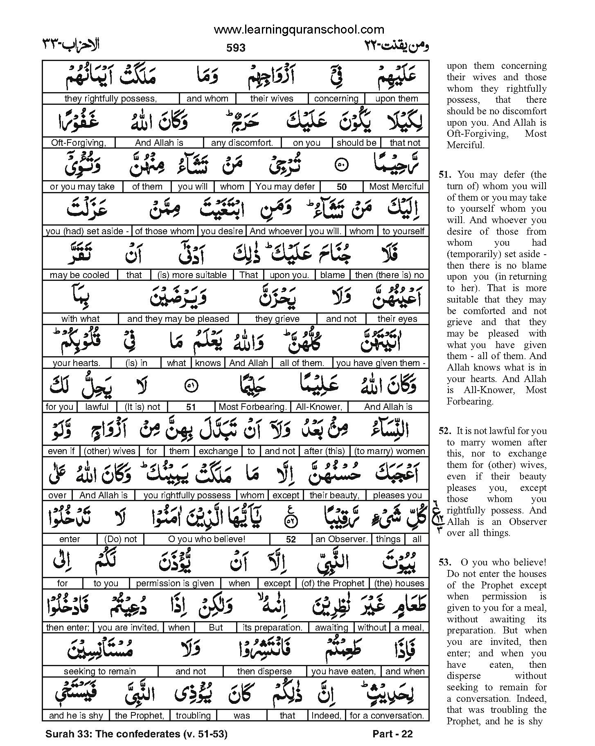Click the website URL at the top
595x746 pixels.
click(299, 29)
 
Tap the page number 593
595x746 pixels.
click(236, 48)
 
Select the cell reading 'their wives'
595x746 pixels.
click(272, 99)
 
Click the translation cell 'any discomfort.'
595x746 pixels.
click(241, 143)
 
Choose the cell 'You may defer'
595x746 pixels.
click(285, 187)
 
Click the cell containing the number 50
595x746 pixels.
click(342, 187)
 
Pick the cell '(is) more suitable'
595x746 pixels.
click(192, 275)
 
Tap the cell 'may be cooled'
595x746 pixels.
click(79, 275)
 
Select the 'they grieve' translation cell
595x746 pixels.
click(277, 319)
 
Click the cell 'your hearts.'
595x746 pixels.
click(77, 363)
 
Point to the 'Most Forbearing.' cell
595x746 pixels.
click(252, 407)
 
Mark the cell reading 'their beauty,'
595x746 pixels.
click(335, 495)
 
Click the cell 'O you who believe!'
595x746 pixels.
click(207, 539)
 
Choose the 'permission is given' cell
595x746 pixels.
click(175, 583)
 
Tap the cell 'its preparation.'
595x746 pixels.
click(278, 628)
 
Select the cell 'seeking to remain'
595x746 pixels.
click(100, 671)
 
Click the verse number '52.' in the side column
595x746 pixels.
click(444, 431)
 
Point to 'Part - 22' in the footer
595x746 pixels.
click(393, 734)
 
